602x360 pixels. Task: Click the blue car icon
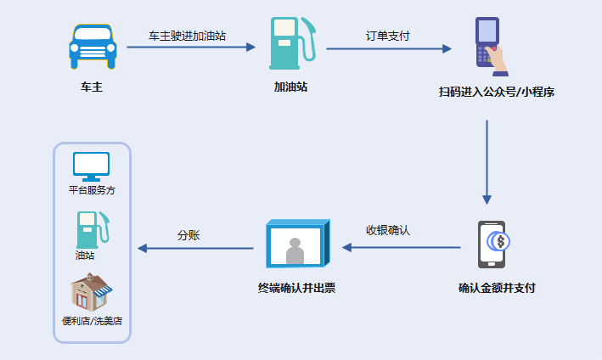tap(92, 46)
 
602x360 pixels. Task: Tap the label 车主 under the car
tap(92, 87)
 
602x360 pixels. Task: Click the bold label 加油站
tap(290, 87)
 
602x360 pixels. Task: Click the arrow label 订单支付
tap(387, 36)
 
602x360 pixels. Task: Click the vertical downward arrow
tap(487, 161)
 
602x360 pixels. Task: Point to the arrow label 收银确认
tap(388, 230)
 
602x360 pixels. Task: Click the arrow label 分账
tap(188, 235)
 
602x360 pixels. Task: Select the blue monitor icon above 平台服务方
tap(92, 165)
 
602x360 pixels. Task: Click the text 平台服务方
tap(92, 190)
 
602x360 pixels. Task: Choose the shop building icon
tap(91, 293)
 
